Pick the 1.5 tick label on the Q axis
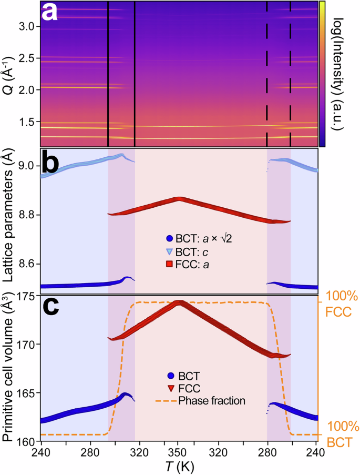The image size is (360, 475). pos(29,122)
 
